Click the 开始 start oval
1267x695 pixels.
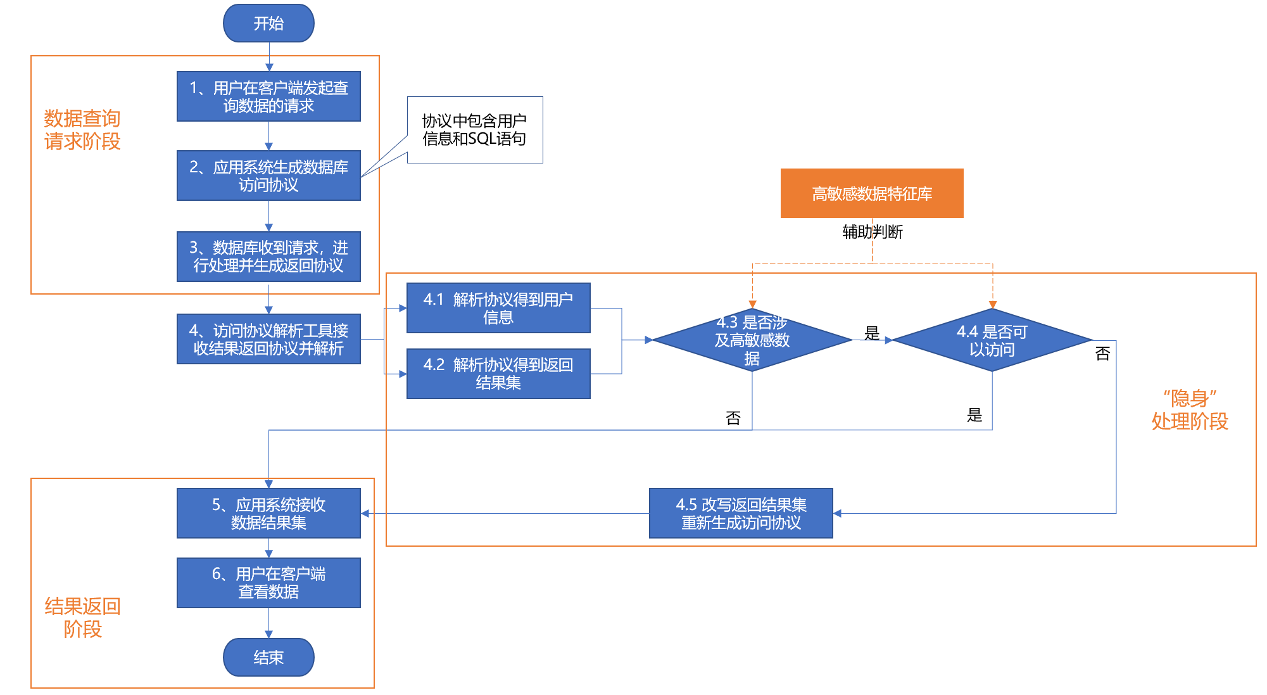click(x=268, y=23)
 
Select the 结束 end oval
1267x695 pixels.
click(x=268, y=657)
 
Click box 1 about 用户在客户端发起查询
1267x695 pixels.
click(x=268, y=96)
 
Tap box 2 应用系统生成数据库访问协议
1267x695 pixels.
click(x=268, y=175)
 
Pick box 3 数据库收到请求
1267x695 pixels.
click(x=268, y=256)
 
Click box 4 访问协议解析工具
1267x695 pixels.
click(x=268, y=339)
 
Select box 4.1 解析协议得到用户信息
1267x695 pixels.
click(x=498, y=308)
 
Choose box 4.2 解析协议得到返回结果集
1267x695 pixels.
click(x=498, y=373)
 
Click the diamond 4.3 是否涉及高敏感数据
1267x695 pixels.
click(x=752, y=340)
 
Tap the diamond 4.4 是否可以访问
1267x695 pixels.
click(x=992, y=340)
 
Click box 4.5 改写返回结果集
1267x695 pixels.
click(x=741, y=513)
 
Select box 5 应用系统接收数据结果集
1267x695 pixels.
click(x=268, y=513)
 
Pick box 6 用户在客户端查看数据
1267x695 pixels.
click(x=268, y=582)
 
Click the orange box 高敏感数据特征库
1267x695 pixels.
click(x=872, y=193)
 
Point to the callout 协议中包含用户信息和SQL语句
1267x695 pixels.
click(x=475, y=130)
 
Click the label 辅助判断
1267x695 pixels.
click(x=873, y=232)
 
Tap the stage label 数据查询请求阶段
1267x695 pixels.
click(x=82, y=129)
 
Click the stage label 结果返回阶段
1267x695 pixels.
click(x=82, y=617)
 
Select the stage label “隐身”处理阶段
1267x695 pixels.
click(x=1189, y=410)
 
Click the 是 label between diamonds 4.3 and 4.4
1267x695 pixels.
click(x=872, y=333)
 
